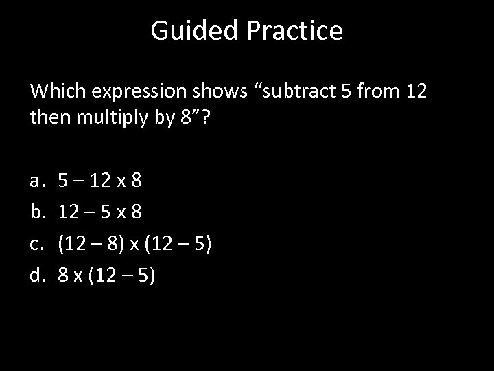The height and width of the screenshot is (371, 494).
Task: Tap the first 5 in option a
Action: pos(63,181)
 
